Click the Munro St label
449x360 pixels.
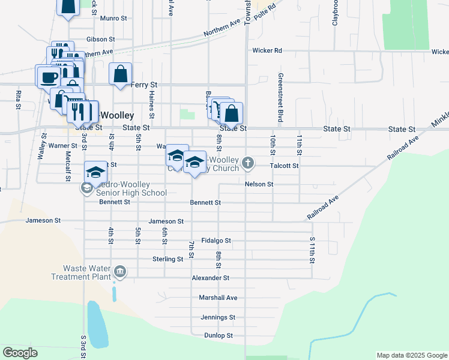pos(113,19)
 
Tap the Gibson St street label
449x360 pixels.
pos(100,39)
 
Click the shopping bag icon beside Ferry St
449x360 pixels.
pos(121,74)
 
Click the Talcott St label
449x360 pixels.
pos(284,165)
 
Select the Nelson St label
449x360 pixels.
pos(259,184)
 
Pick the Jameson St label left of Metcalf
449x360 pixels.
pos(43,221)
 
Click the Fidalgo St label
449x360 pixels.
pos(216,240)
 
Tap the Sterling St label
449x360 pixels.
pos(167,259)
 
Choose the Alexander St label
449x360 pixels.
pos(210,278)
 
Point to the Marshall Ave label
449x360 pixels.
pos(218,298)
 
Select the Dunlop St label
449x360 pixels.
pos(218,335)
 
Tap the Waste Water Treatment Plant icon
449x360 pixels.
pos(120,272)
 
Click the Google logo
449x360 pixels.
pos(20,353)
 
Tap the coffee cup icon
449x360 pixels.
pos(48,77)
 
